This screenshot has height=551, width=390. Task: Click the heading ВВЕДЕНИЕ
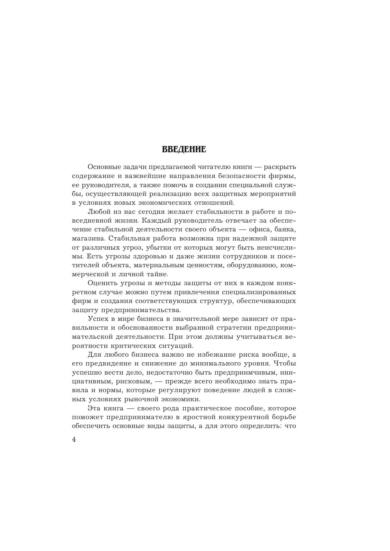pos(184,150)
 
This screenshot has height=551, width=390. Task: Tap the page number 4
pos(74,440)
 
